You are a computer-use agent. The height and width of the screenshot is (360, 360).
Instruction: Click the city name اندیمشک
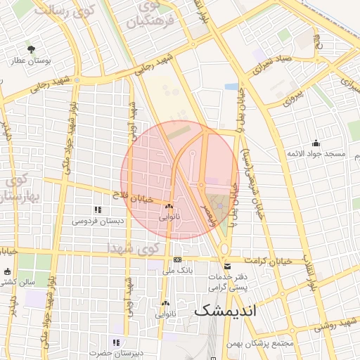click(x=225, y=309)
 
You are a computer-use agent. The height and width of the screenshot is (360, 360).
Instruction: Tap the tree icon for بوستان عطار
click(x=31, y=49)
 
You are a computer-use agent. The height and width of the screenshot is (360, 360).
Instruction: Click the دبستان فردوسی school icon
click(x=97, y=210)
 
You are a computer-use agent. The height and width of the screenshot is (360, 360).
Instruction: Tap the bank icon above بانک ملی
click(x=177, y=259)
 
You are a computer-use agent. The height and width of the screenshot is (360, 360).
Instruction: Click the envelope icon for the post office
click(x=227, y=266)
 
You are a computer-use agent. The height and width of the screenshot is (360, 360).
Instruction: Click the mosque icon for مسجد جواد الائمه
click(x=316, y=143)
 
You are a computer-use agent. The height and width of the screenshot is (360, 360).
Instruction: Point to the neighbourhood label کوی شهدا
click(x=134, y=247)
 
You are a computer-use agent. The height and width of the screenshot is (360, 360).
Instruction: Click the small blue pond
click(x=231, y=86)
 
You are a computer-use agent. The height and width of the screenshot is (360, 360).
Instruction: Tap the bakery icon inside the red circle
click(x=169, y=207)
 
